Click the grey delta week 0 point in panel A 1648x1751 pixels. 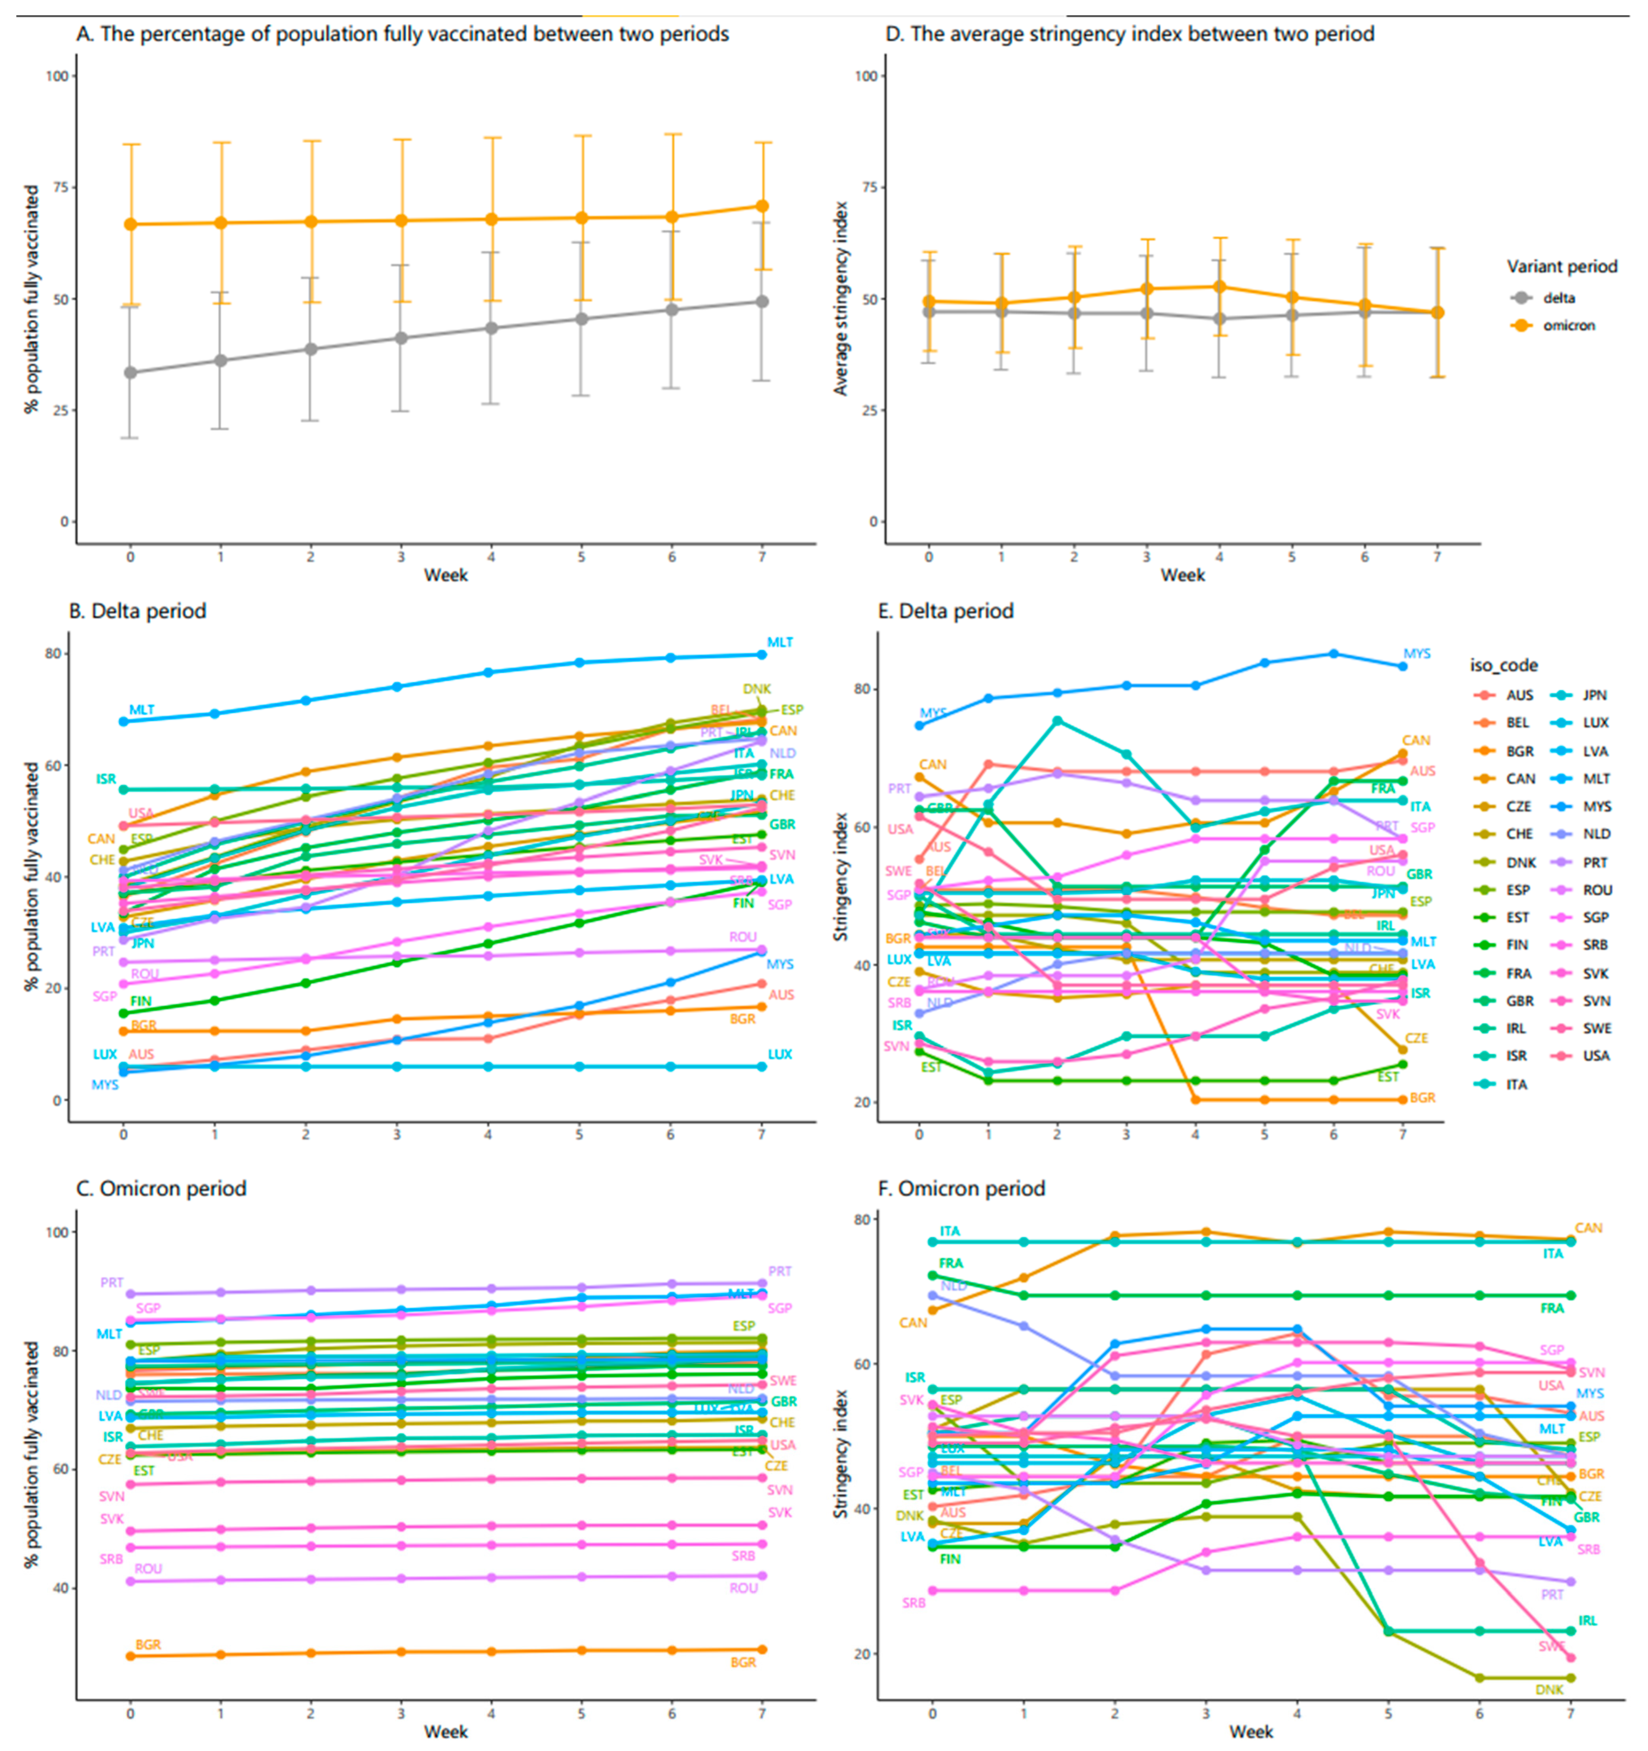pyautogui.click(x=130, y=373)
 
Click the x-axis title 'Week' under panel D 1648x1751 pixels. pyautogui.click(x=1182, y=575)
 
